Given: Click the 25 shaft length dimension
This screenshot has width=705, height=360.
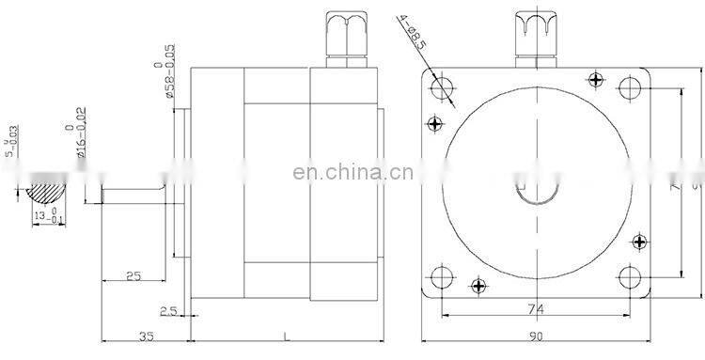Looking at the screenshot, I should tap(132, 275).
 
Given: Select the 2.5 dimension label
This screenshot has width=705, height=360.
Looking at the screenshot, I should tap(168, 309).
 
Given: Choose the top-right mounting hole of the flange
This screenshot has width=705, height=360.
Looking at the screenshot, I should tap(630, 87).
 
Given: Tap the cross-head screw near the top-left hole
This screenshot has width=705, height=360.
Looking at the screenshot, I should tap(434, 122).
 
